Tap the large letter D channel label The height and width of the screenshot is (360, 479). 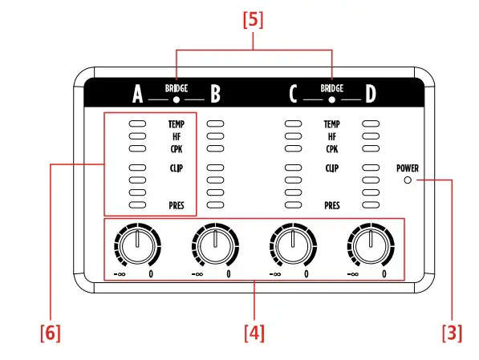pyautogui.click(x=370, y=96)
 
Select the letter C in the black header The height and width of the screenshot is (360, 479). pyautogui.click(x=294, y=96)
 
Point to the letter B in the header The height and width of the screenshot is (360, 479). pyautogui.click(x=215, y=96)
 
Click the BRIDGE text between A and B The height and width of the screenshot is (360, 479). pyautogui.click(x=177, y=88)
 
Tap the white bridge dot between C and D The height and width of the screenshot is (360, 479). pyautogui.click(x=332, y=100)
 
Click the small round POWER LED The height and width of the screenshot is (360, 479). pyautogui.click(x=408, y=181)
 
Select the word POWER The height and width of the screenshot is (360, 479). pyautogui.click(x=408, y=169)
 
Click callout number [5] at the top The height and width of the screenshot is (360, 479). pyautogui.click(x=253, y=21)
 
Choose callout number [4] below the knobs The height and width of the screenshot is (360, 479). pyautogui.click(x=253, y=331)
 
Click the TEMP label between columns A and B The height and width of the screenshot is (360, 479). pyautogui.click(x=177, y=124)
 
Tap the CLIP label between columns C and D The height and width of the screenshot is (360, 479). pyautogui.click(x=332, y=168)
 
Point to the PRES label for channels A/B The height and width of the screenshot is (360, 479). pyautogui.click(x=177, y=205)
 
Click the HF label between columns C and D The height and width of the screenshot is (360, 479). pyautogui.click(x=332, y=136)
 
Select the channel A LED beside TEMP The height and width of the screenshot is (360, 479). pyautogui.click(x=137, y=124)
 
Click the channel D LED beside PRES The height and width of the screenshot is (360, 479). pyautogui.click(x=370, y=205)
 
